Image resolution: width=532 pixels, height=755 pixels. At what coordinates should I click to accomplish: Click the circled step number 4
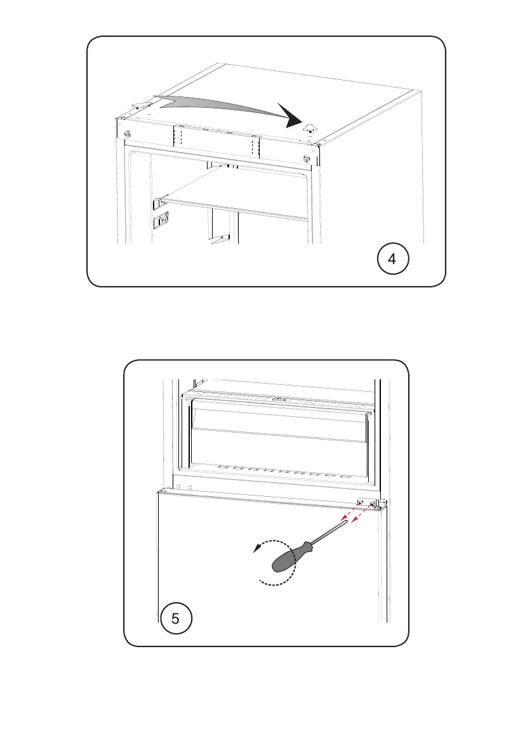pos(393,259)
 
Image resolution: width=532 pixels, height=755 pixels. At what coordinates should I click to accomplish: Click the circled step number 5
pos(175,618)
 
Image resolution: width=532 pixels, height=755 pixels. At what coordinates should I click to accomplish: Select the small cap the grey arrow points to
pos(309,128)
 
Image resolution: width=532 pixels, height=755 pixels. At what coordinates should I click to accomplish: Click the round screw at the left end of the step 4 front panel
pos(127,133)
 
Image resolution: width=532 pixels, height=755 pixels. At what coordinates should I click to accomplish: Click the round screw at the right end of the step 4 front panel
pos(307,159)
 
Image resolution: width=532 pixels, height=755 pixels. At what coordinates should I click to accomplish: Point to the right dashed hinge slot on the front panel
pos(255,147)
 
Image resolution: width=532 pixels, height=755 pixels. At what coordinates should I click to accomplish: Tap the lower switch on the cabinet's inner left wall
pos(161,221)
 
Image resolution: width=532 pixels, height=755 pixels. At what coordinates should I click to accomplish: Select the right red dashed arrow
pos(362,513)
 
